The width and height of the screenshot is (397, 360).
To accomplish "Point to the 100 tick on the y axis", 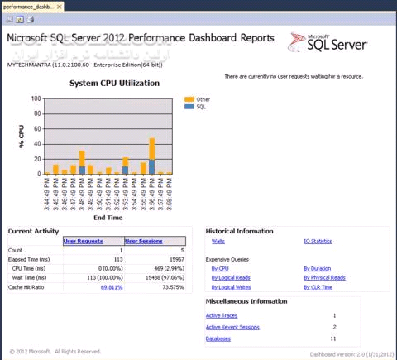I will (36, 98).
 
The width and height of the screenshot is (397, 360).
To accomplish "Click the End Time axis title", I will (108, 218).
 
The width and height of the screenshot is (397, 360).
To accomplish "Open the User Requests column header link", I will (82, 241).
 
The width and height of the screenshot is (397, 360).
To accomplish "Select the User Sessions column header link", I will (143, 241).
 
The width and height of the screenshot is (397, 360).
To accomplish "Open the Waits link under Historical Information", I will (218, 241).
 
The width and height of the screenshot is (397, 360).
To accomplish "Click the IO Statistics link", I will (318, 241).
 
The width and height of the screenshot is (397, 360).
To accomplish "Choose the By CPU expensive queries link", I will (220, 268).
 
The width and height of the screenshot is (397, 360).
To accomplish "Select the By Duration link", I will (317, 268).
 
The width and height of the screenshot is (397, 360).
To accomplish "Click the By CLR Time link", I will (318, 286).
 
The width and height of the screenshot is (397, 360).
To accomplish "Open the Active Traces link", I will (222, 315).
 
